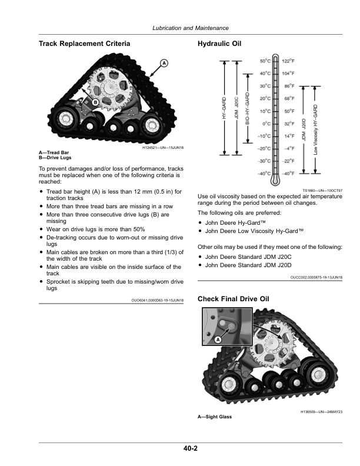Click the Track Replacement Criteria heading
coord(84,44)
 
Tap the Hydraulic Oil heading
coord(219,44)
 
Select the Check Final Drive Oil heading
coord(234,299)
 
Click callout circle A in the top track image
coord(164,63)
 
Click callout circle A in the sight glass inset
coord(218,339)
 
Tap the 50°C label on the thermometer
coord(266,61)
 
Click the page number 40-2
coord(189,449)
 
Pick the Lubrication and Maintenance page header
coord(190,28)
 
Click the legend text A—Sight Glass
coord(215,417)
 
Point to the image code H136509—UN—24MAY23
coord(322,412)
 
